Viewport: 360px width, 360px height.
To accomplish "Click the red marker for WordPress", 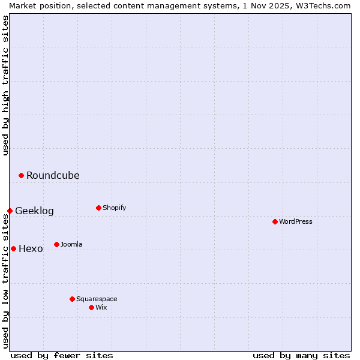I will (x=275, y=221).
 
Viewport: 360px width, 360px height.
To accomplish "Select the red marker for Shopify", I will (x=98, y=208).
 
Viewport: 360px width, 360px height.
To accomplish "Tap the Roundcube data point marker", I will (x=21, y=175).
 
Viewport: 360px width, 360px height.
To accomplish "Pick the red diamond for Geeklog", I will (x=10, y=211).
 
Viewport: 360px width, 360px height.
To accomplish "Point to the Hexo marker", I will (x=13, y=248).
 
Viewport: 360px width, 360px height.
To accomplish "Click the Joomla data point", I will (x=56, y=244).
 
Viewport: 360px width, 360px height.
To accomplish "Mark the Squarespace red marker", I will (x=72, y=299).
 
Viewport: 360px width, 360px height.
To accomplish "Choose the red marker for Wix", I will (x=91, y=307).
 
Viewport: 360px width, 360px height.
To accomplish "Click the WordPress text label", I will (x=296, y=221).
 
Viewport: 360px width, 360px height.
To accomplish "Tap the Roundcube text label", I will (x=53, y=175).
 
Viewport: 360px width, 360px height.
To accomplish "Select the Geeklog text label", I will (x=34, y=211).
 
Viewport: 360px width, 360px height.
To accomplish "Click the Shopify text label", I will (x=114, y=208).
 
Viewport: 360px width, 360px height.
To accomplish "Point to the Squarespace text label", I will (x=97, y=299).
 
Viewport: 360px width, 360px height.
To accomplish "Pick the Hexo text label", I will (x=31, y=248).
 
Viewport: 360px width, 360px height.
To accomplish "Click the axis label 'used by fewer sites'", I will (x=62, y=355).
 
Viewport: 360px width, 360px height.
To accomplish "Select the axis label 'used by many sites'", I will (x=301, y=355).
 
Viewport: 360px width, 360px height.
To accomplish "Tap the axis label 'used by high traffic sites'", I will (x=5, y=86).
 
